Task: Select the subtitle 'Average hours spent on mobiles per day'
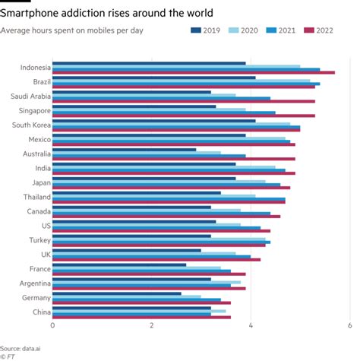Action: pos(72,31)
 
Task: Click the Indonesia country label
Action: pos(30,67)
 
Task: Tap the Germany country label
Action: pos(36,297)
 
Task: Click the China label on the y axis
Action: pos(39,312)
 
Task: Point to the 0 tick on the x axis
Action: pos(52,325)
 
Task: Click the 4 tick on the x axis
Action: pos(251,325)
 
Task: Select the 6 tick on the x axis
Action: pos(349,325)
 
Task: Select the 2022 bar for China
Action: pos(141,317)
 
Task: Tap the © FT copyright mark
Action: pos(9,355)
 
